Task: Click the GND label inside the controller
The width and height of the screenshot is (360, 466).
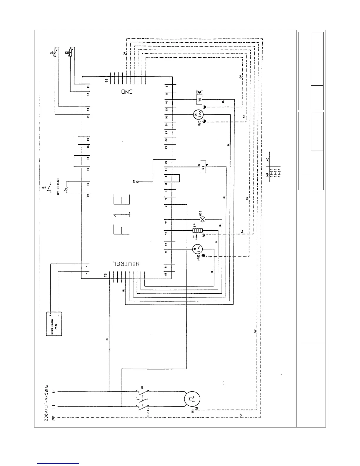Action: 127,91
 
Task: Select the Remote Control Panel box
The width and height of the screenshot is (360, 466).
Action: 54,324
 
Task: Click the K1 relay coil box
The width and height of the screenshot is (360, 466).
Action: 203,167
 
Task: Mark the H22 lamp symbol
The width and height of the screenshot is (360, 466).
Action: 202,219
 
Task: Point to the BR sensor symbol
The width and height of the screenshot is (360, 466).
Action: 55,54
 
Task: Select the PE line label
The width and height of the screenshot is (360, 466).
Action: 54,417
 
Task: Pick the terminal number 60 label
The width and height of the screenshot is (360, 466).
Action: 107,80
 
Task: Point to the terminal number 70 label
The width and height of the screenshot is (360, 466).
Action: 105,275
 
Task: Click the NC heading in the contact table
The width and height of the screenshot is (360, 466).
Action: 267,160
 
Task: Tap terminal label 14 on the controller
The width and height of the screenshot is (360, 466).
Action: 88,116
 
